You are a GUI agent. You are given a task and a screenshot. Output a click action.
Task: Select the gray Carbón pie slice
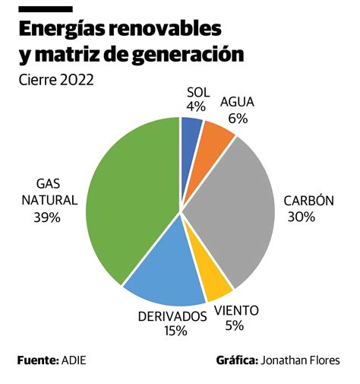pyautogui.click(x=235, y=205)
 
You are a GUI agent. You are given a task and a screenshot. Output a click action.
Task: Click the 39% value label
pyautogui.click(x=46, y=217)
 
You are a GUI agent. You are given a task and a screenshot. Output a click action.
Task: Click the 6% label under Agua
pyautogui.click(x=237, y=118)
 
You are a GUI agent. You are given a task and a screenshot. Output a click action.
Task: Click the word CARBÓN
pyautogui.click(x=309, y=201)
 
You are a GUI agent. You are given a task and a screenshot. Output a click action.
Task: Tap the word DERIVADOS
pyautogui.click(x=172, y=315)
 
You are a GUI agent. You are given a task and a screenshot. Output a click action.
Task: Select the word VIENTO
pyautogui.click(x=236, y=310)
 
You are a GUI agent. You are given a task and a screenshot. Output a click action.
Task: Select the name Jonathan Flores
pyautogui.click(x=300, y=360)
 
